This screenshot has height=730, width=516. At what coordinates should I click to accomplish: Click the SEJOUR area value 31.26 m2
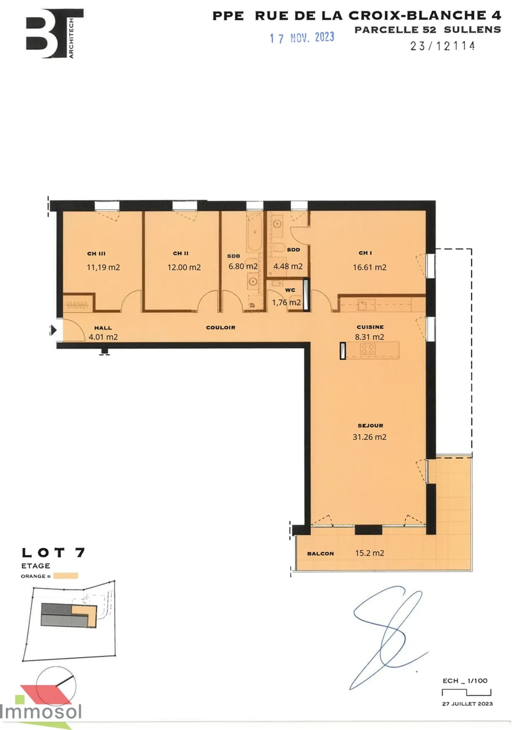(x=369, y=437)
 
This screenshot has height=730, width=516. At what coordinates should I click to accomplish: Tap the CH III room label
(x=96, y=254)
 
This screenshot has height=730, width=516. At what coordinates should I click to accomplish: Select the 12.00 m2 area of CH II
(x=184, y=267)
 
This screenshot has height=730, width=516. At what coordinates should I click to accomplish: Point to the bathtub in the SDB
(x=254, y=232)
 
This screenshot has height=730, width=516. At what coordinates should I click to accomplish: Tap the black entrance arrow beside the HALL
(x=53, y=330)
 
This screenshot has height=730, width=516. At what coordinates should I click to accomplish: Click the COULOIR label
(x=220, y=328)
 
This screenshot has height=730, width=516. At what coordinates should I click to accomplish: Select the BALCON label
(x=320, y=554)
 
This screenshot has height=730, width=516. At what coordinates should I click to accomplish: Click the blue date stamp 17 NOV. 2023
(x=302, y=38)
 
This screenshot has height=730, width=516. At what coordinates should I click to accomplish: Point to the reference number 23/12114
(x=443, y=46)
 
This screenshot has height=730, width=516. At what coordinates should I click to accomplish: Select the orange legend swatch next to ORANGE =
(x=66, y=576)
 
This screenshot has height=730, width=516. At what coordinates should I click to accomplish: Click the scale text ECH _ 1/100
(x=465, y=681)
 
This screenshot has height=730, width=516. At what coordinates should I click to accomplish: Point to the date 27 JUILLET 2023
(x=467, y=703)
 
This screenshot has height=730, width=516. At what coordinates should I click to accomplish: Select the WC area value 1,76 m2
(x=286, y=302)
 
